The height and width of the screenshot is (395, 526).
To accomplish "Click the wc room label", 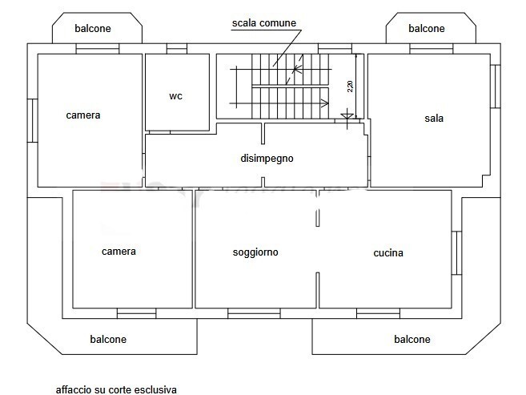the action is [x=176, y=96].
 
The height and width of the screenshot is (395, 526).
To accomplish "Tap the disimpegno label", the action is [x=267, y=158].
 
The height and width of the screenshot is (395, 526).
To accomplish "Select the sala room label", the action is [x=434, y=119].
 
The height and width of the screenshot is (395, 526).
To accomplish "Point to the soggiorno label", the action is [x=255, y=252].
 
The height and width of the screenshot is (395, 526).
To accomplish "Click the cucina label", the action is [x=388, y=253].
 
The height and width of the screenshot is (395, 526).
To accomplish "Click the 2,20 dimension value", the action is [x=350, y=87].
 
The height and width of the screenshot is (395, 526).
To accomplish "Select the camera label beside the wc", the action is [x=83, y=115].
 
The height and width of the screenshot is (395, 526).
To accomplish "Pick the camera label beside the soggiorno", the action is [x=118, y=252].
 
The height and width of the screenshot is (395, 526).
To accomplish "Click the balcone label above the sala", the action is [x=426, y=29].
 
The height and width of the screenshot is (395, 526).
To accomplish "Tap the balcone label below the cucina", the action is [x=412, y=340].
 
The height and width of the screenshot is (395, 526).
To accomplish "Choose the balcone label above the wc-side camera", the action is [x=93, y=29].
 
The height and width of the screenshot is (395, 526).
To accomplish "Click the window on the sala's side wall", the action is [x=494, y=87].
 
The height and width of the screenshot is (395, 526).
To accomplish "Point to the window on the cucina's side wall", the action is [x=456, y=253].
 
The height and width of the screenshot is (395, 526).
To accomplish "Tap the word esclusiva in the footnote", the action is [x=157, y=390].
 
